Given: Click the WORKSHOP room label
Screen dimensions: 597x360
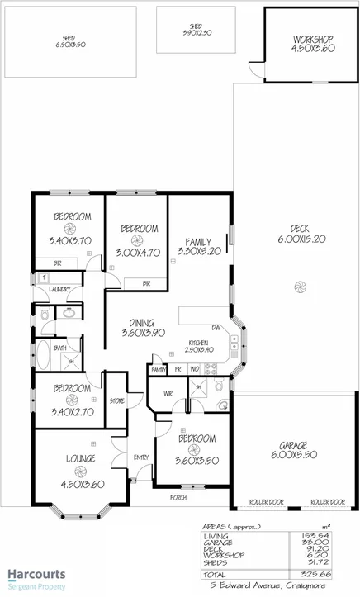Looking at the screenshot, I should (312, 40).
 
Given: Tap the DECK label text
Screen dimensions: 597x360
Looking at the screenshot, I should (299, 229).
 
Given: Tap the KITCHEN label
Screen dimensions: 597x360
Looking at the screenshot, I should (198, 343).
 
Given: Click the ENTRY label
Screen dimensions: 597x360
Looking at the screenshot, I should (141, 457).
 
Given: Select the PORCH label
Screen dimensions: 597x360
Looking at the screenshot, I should (178, 497).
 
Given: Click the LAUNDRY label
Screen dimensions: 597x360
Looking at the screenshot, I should (59, 290).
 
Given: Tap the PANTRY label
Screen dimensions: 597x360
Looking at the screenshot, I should (159, 370).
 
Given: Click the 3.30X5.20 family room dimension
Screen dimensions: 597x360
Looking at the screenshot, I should (199, 251).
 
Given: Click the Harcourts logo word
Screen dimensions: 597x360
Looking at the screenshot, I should (37, 574).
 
